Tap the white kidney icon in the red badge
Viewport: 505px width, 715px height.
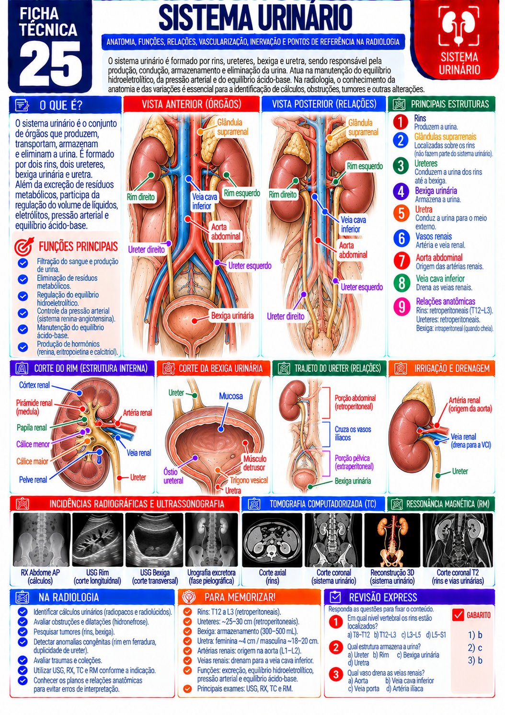459,25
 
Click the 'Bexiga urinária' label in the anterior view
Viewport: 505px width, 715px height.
232,316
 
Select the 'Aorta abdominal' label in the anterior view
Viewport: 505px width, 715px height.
225,232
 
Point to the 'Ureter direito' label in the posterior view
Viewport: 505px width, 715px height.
286,316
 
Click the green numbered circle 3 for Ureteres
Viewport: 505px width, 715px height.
401,166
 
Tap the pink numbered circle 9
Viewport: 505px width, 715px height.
402,306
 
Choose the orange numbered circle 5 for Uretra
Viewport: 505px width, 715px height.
401,214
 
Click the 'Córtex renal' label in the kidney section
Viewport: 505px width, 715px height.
34,385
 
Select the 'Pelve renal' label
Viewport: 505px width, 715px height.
33,479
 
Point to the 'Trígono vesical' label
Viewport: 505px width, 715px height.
249,480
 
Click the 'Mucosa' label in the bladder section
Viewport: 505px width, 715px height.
231,396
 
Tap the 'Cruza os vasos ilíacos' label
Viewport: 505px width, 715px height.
353,433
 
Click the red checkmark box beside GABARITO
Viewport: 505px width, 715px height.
458,614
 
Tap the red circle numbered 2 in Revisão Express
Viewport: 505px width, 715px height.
336,647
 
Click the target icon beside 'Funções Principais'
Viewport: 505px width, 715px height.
24,246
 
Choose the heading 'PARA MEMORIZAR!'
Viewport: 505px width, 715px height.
240,597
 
